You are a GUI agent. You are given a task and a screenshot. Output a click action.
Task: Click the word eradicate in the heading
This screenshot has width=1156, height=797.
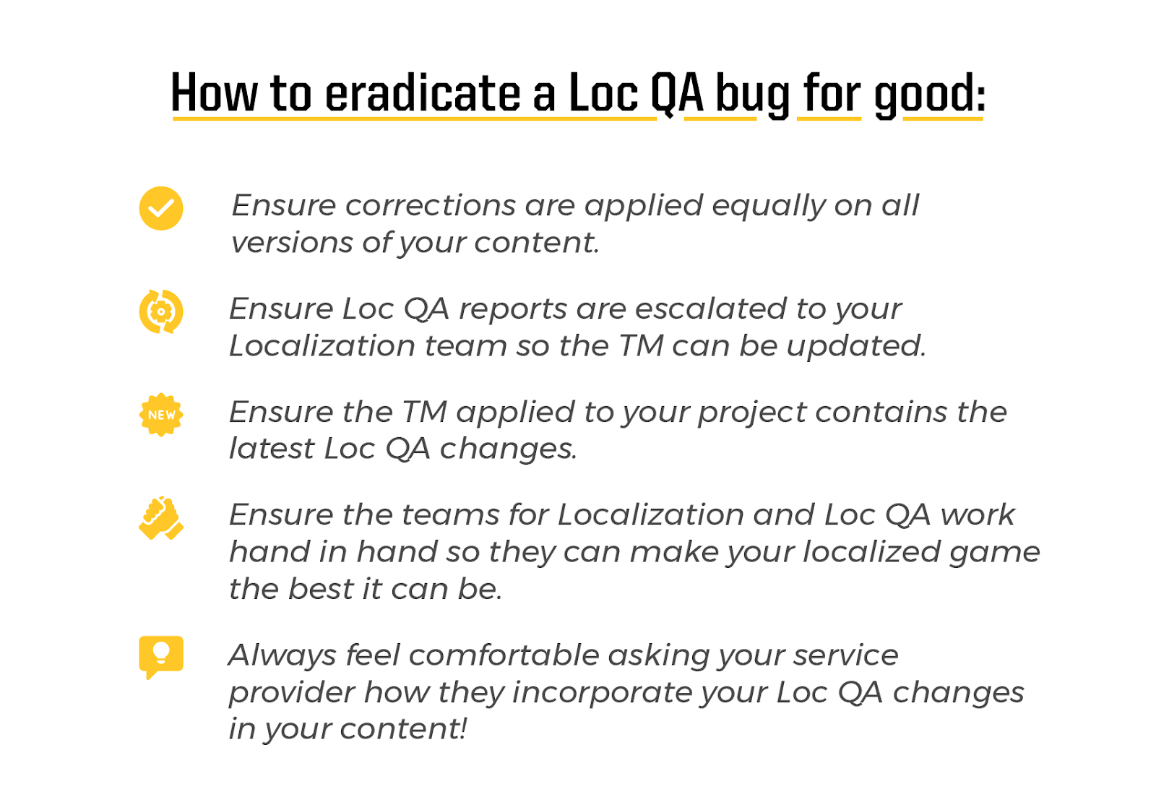423,93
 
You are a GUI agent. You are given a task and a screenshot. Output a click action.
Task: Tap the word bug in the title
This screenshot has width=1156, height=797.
752,95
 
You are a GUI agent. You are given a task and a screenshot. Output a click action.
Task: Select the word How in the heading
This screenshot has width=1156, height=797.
214,93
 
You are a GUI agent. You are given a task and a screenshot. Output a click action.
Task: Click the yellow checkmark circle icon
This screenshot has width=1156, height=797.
161,209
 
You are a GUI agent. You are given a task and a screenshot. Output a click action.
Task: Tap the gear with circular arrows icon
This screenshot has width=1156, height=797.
161,311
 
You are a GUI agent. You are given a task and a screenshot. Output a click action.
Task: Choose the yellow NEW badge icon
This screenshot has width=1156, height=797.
161,415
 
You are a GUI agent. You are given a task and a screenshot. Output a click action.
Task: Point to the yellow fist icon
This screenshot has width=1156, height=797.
161,518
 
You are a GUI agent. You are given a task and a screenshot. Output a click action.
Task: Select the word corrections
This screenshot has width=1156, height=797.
431,205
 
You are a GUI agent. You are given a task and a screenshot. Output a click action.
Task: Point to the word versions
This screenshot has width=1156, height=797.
293,243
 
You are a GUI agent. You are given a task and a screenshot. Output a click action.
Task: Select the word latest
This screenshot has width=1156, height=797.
272,449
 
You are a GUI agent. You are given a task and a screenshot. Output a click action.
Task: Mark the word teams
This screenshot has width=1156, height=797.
450,515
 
